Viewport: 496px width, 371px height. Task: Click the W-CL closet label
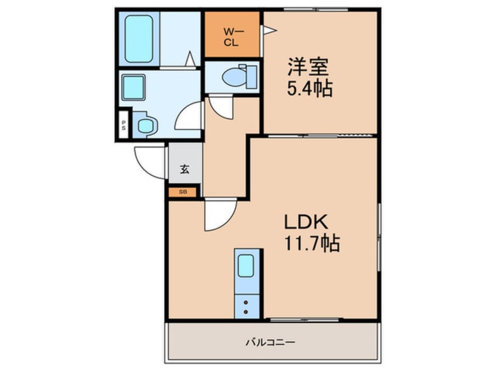[233, 37]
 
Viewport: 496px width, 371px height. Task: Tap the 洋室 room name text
[308, 67]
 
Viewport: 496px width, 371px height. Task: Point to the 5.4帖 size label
[310, 88]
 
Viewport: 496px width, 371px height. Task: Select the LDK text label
[306, 222]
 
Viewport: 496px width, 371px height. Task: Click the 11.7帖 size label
[312, 243]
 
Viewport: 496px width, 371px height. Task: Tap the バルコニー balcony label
[271, 342]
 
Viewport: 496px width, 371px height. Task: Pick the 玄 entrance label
[185, 169]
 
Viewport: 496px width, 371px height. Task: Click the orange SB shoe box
[182, 192]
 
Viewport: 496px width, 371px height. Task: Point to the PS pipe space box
[124, 125]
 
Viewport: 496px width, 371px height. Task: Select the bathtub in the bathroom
[139, 39]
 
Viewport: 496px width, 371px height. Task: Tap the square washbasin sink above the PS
[134, 87]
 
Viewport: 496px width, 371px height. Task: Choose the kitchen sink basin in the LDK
[246, 266]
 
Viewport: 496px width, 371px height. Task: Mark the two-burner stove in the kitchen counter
[246, 307]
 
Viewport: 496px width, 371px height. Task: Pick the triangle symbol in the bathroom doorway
[190, 59]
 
